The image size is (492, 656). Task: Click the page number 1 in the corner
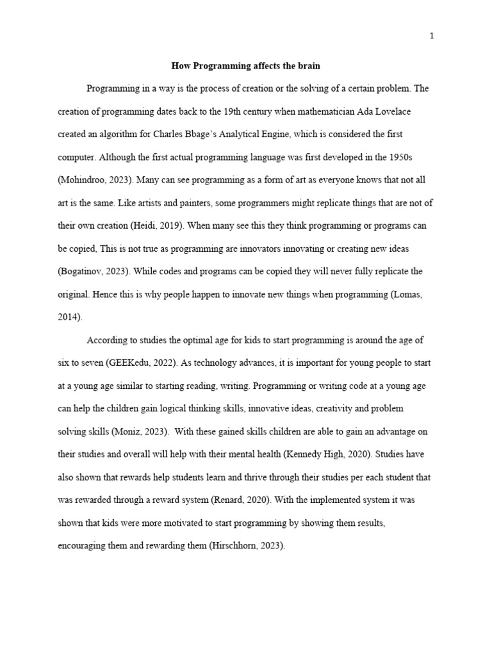432,36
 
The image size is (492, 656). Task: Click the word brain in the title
307,66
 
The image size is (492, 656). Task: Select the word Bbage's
196,135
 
